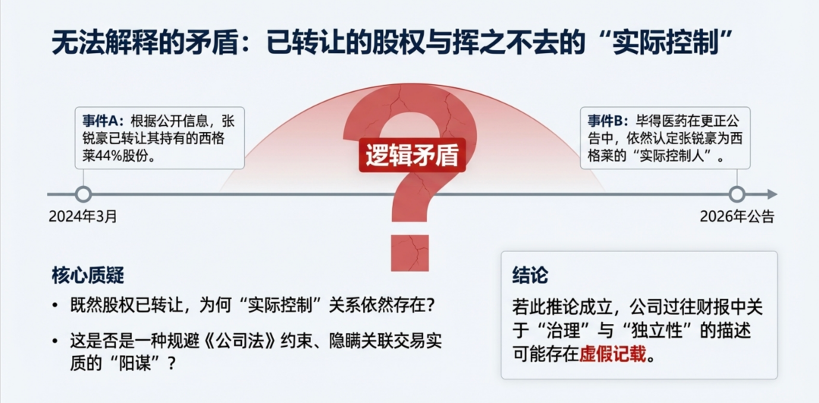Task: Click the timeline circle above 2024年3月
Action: click(83, 194)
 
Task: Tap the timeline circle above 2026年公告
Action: click(736, 194)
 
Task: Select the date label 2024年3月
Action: click(83, 216)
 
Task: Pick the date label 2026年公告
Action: click(736, 216)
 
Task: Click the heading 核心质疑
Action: click(88, 275)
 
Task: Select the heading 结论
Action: click(530, 275)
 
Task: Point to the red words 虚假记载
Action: click(613, 354)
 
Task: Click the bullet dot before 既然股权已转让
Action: click(55, 306)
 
